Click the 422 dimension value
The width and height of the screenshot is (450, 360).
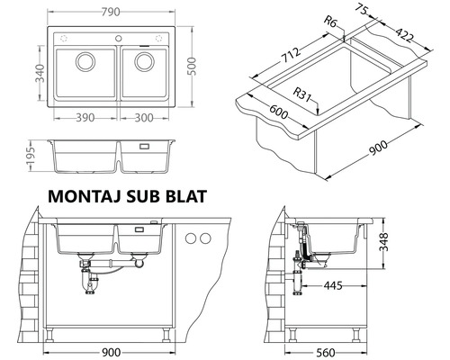point(405,35)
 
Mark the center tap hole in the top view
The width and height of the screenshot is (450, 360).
point(116,37)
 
